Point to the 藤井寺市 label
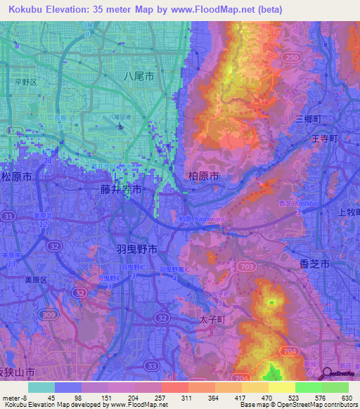tap(121, 190)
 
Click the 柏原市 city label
tap(205, 175)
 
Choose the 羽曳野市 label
tap(136, 249)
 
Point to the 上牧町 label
tap(349, 212)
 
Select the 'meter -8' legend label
tap(13, 397)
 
